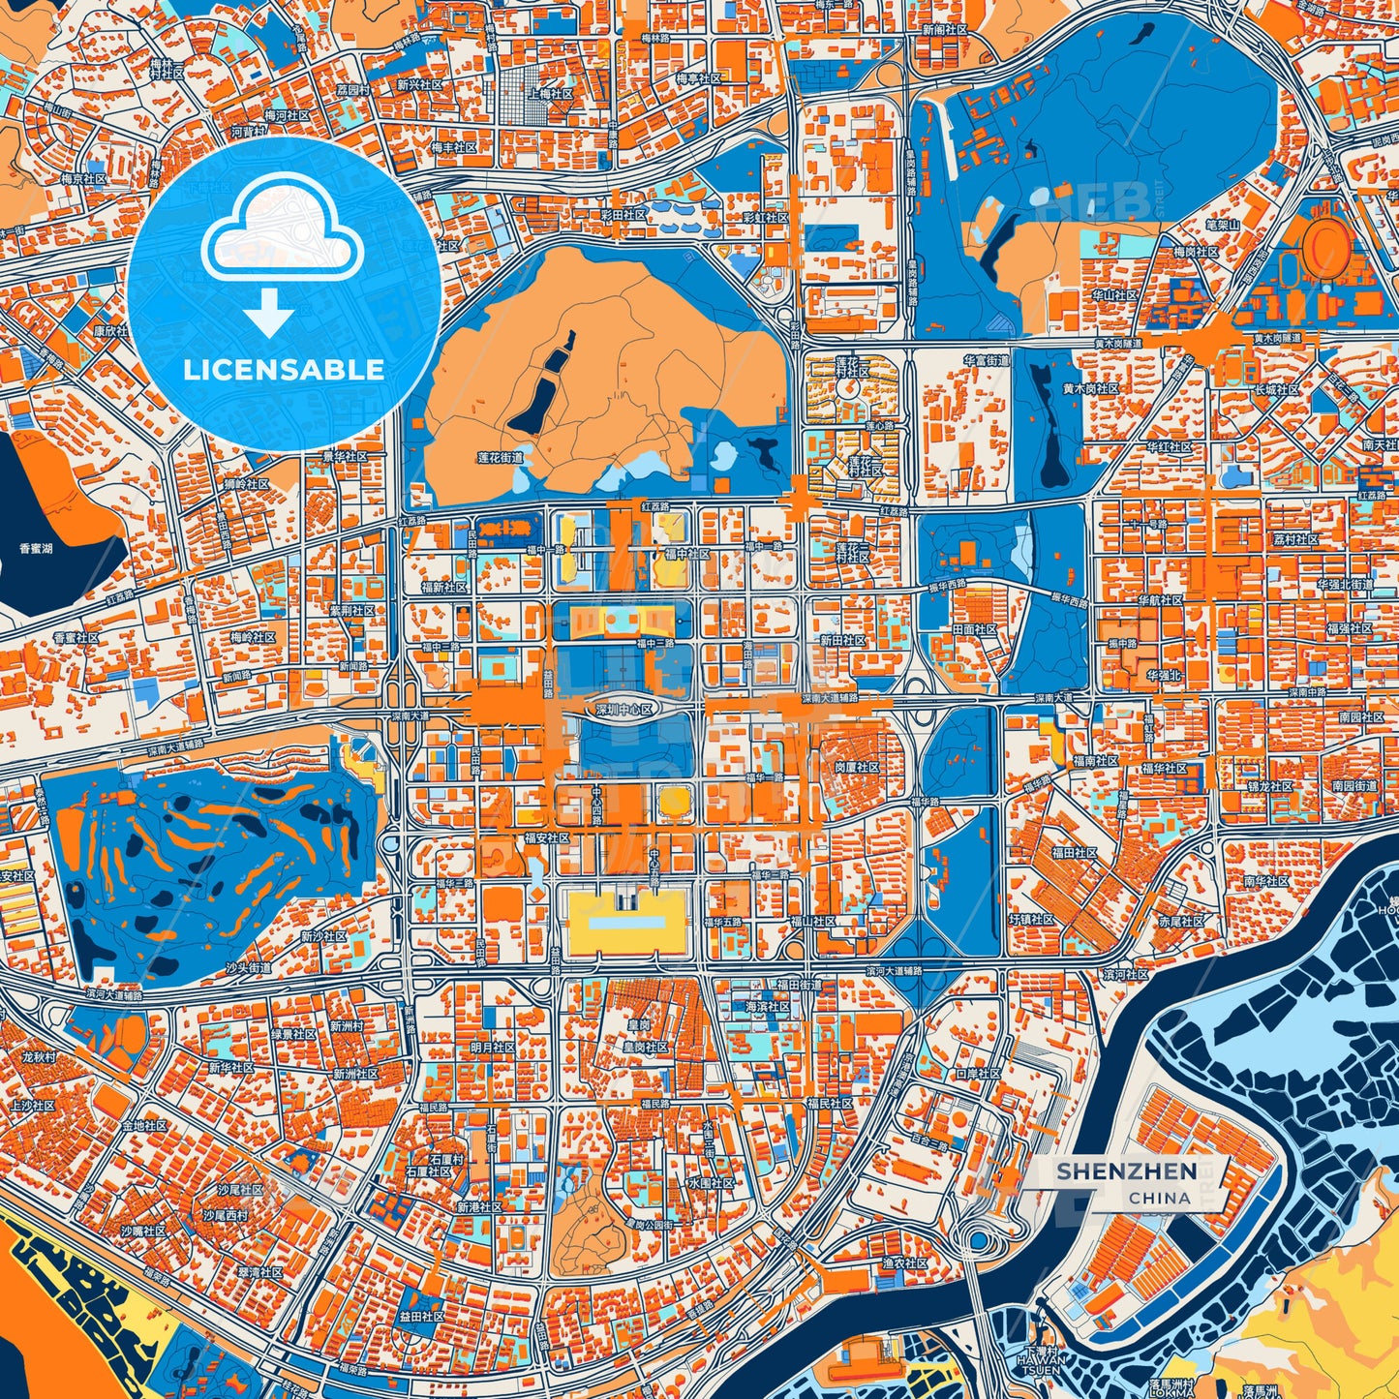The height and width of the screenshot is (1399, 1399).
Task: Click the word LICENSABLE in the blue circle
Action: click(284, 370)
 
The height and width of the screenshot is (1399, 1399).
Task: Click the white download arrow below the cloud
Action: click(268, 313)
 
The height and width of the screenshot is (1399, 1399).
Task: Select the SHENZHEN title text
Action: click(1126, 1171)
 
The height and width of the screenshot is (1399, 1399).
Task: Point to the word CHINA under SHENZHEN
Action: click(1159, 1198)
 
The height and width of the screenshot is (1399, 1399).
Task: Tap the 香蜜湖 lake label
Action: click(36, 549)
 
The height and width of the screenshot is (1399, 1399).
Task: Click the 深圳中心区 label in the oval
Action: click(624, 710)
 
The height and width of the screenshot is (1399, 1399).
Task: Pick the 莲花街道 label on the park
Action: click(500, 457)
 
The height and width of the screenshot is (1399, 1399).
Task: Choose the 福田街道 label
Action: click(798, 985)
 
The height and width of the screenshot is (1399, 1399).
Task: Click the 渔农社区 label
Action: click(905, 1263)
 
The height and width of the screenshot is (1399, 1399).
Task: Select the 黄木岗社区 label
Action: click(1090, 388)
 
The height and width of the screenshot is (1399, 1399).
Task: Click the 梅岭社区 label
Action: click(253, 638)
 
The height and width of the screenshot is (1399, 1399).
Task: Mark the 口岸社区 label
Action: click(978, 1074)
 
